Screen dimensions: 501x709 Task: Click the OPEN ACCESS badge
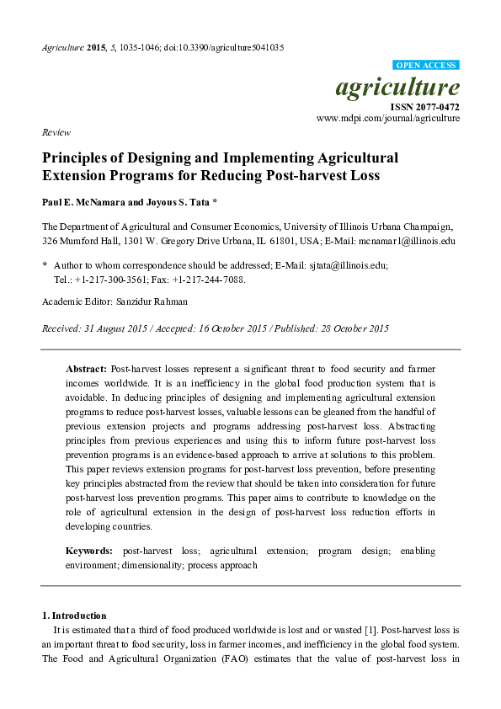(426, 65)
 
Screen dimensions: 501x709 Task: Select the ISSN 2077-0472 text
(424, 107)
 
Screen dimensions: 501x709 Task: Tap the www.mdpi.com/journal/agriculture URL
(388, 119)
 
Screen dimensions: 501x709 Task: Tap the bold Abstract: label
(87, 370)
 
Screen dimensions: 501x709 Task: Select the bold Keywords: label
(89, 551)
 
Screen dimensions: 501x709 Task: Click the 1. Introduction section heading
(74, 616)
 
